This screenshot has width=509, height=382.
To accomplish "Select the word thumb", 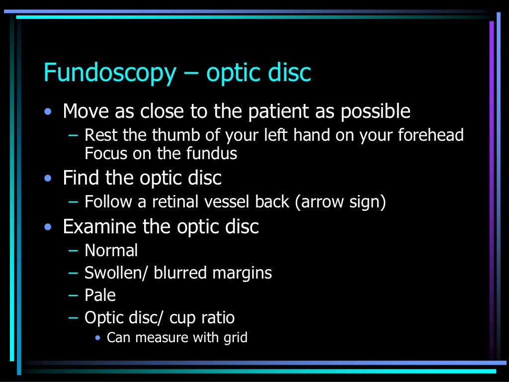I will tap(173, 135).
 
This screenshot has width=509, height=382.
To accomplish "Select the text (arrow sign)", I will tap(341, 202).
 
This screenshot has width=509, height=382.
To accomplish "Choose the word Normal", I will tap(111, 250).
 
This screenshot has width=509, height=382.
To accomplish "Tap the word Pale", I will tap(100, 295).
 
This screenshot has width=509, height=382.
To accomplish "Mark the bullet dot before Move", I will tap(47, 112).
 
